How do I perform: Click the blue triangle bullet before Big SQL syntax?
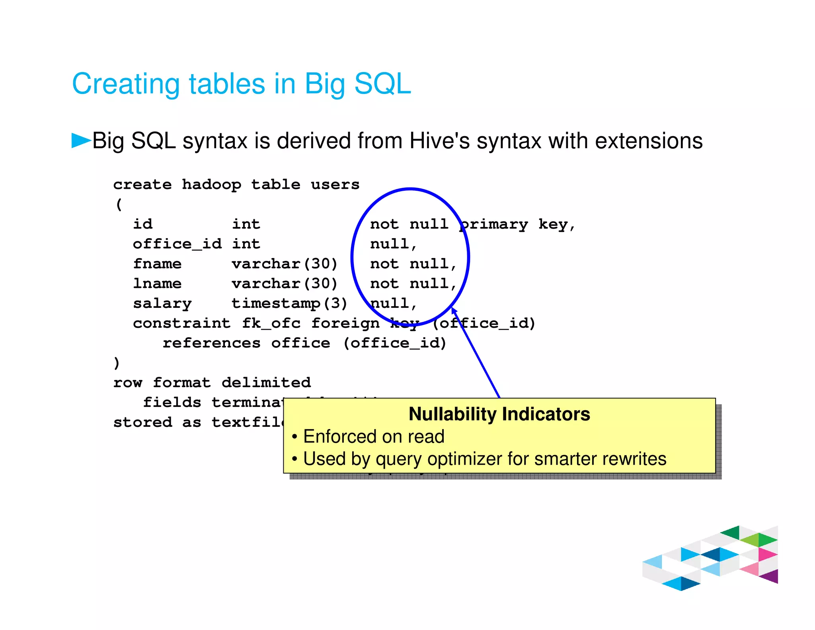(x=81, y=140)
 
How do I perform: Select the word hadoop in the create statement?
(x=211, y=185)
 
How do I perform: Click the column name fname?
(x=157, y=264)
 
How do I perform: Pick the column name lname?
(x=157, y=284)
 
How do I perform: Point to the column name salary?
(x=162, y=304)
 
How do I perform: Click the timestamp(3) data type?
(x=289, y=304)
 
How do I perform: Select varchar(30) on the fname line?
(x=285, y=264)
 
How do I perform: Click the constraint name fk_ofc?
(x=271, y=323)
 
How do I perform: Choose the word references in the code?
(x=211, y=343)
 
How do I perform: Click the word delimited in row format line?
(x=266, y=383)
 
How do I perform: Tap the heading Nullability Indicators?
(x=499, y=414)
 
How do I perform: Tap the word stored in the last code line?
(x=142, y=423)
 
